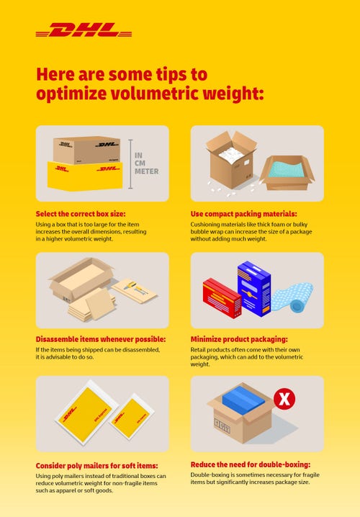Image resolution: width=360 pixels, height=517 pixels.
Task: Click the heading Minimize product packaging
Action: click(239, 339)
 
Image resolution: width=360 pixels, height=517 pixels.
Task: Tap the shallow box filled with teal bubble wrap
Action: click(287, 171)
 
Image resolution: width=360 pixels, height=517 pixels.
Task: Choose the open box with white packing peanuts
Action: click(230, 162)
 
